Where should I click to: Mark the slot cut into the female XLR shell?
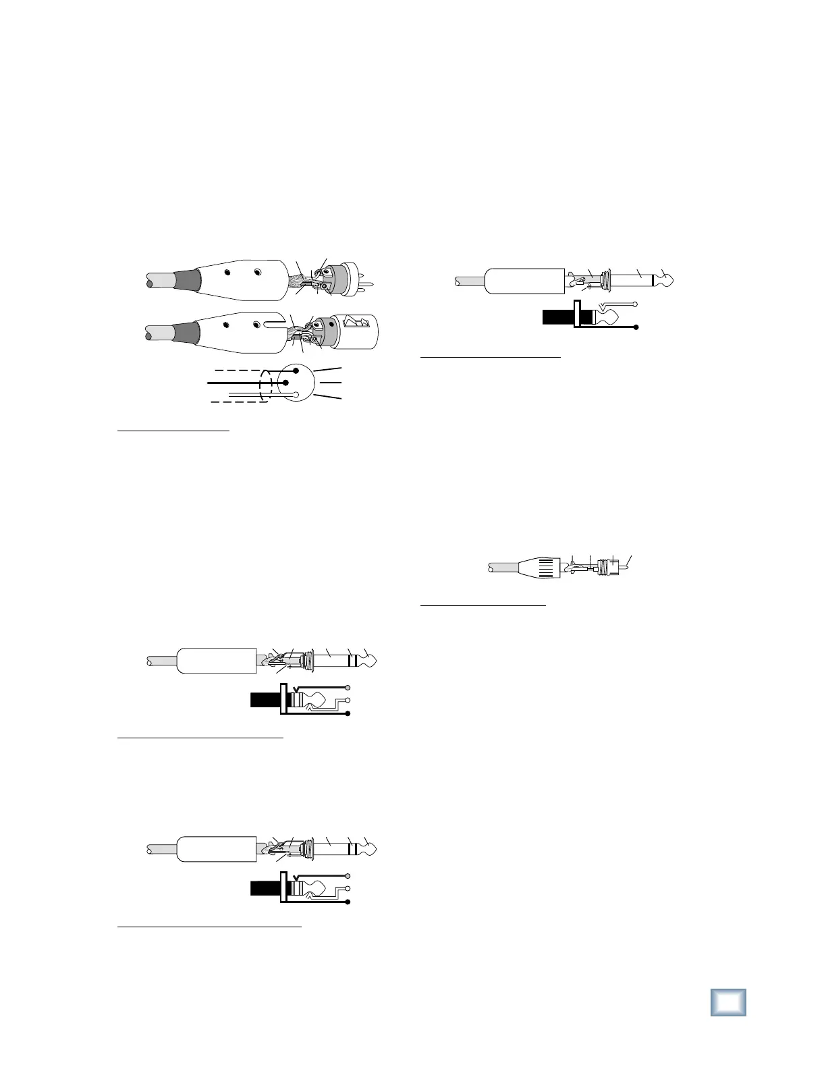274,325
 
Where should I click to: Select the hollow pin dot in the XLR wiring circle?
295,394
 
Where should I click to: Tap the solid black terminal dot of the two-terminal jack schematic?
636,327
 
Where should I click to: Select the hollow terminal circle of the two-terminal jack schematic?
636,304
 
